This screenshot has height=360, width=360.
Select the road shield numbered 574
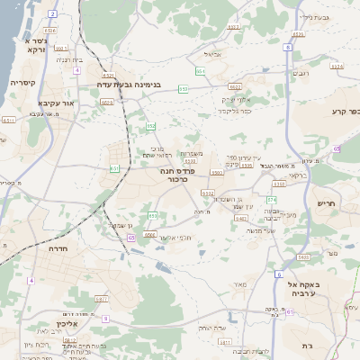coord(272,198)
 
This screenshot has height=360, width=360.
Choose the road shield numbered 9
coord(104,319)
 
